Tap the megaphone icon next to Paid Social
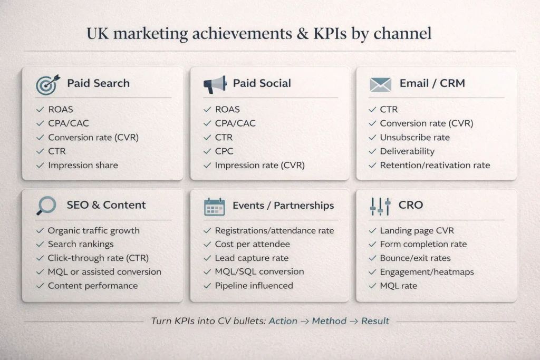coord(215,83)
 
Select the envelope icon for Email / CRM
coord(380,83)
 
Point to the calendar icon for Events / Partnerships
coord(215,206)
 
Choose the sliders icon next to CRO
coord(380,206)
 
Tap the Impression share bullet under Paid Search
coord(83,165)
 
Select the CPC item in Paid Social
coord(224,151)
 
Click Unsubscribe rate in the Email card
coord(414,137)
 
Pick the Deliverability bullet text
coord(407,151)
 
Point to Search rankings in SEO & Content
coord(81,244)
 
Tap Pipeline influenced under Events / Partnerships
coord(254,286)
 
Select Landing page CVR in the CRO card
coord(417,230)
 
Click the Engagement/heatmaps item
coord(427,272)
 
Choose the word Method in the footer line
coord(329,320)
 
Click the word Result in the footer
coord(375,320)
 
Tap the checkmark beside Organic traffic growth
coord(40,231)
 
